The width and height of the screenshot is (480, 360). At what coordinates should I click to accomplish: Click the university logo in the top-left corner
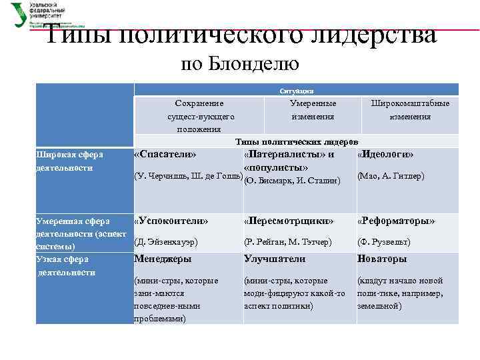click(x=20, y=14)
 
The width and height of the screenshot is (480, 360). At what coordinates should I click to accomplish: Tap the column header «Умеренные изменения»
click(x=313, y=110)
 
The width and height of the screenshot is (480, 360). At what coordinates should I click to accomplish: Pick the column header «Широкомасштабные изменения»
click(x=410, y=110)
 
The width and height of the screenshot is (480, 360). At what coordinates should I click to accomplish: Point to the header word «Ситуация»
click(x=297, y=91)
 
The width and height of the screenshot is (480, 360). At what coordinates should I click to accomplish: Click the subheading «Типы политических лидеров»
click(x=297, y=142)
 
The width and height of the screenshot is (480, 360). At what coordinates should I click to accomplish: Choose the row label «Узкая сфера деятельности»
click(x=67, y=265)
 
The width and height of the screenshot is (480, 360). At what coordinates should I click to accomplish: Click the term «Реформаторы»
click(x=396, y=220)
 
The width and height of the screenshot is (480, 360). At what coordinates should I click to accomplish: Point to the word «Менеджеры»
click(x=163, y=259)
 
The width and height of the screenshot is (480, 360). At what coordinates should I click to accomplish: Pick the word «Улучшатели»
click(x=275, y=259)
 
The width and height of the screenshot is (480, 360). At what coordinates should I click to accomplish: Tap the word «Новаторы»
click(x=382, y=259)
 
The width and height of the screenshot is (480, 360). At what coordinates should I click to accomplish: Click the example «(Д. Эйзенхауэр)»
click(x=166, y=241)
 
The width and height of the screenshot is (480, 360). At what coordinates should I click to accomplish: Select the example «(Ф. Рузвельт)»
click(x=384, y=241)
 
